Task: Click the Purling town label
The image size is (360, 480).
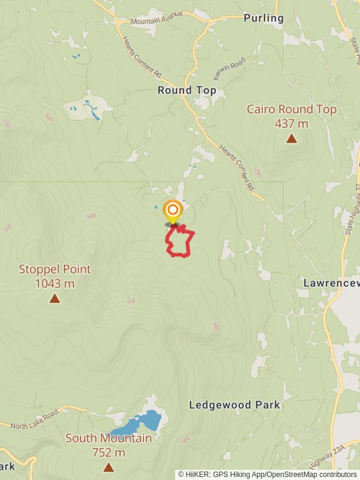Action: [263, 19]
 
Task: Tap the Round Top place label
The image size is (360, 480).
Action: [187, 91]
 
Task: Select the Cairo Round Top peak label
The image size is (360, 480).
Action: [292, 110]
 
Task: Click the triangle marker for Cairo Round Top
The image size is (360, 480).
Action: [292, 139]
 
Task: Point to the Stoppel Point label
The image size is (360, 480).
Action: [55, 269]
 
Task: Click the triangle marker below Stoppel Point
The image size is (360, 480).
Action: [55, 298]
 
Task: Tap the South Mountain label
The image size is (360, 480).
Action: [109, 439]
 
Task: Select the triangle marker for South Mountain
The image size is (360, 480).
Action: [109, 467]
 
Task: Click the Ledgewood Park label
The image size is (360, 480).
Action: [235, 405]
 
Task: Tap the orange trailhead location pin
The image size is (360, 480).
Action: [173, 211]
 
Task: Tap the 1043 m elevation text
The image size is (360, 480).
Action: [55, 283]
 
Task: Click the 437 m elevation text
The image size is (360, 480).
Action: [292, 124]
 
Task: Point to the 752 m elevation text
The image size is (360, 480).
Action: [109, 452]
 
